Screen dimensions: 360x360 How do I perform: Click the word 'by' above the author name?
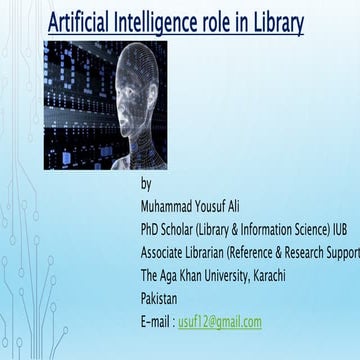click(147, 185)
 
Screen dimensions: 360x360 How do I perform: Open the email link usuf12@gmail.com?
click(220, 321)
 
